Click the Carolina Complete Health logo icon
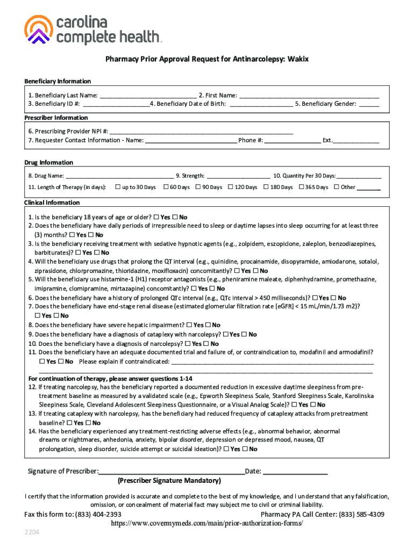(39, 30)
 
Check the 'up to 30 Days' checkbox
(118, 187)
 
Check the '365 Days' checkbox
(301, 187)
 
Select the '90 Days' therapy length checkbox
(198, 187)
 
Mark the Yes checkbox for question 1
(156, 217)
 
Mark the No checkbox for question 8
(208, 325)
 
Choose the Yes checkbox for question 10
(187, 343)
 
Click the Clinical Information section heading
(52, 202)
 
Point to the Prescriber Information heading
(56, 118)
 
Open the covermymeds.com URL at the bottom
(203, 523)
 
